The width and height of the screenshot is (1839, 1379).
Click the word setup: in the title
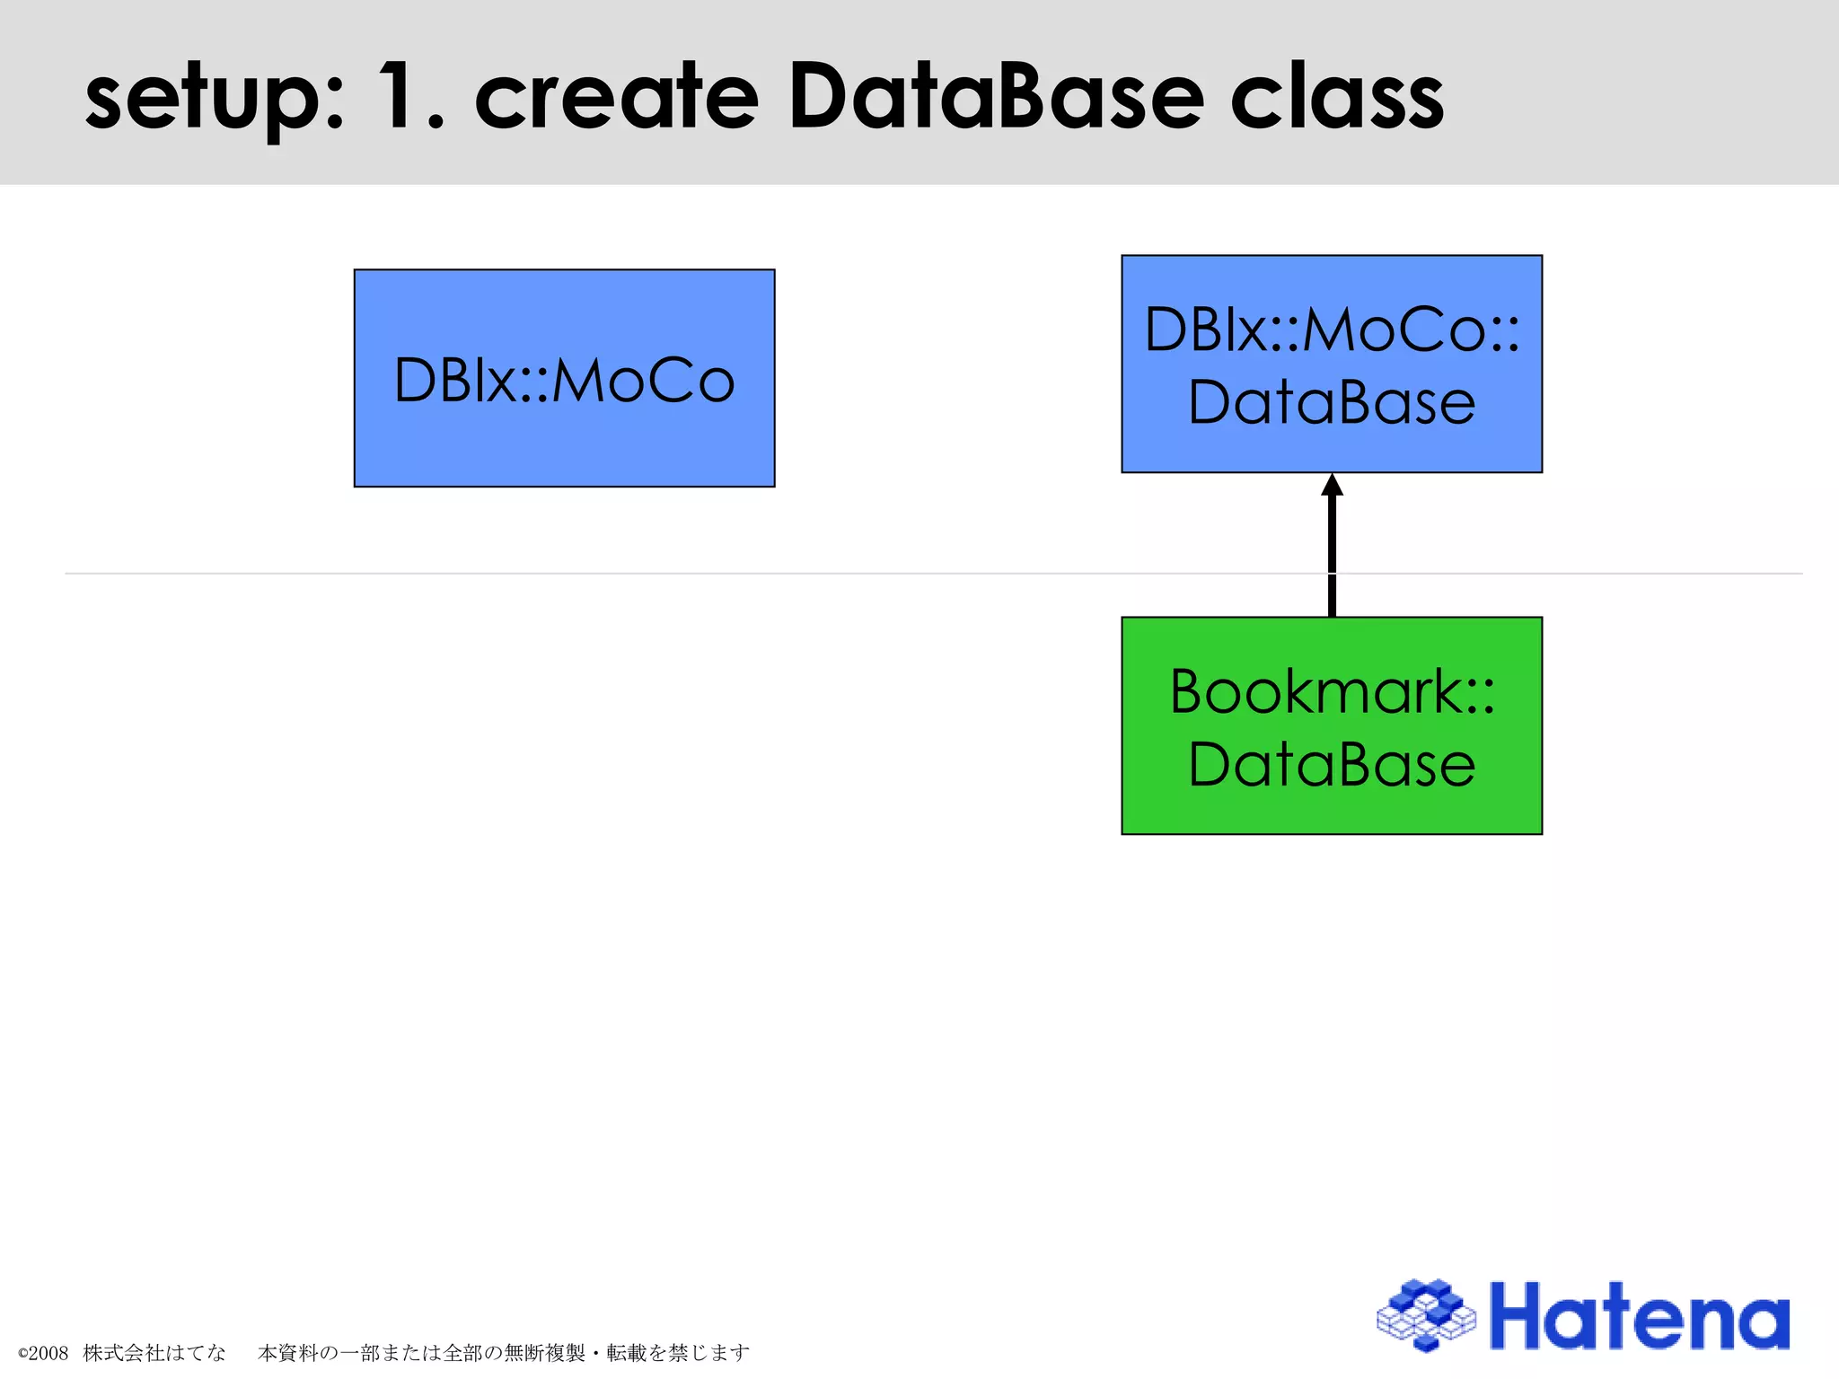214,99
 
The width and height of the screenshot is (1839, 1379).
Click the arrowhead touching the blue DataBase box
1332,486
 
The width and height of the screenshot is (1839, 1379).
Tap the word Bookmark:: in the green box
1332,691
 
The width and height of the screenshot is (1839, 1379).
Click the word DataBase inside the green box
1332,765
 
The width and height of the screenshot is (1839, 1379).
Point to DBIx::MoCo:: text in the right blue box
1332,329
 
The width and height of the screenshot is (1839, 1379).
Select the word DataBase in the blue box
1332,402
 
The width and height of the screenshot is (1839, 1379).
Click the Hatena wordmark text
1639,1317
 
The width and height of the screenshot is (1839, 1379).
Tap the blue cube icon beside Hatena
1426,1315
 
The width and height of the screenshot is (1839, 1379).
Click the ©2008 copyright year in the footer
43,1353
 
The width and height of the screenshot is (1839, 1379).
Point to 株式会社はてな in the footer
154,1352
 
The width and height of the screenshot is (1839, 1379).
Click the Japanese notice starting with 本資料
503,1352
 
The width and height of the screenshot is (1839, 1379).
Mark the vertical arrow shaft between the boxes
1332,557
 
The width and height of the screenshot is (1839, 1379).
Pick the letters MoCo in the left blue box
643,381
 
